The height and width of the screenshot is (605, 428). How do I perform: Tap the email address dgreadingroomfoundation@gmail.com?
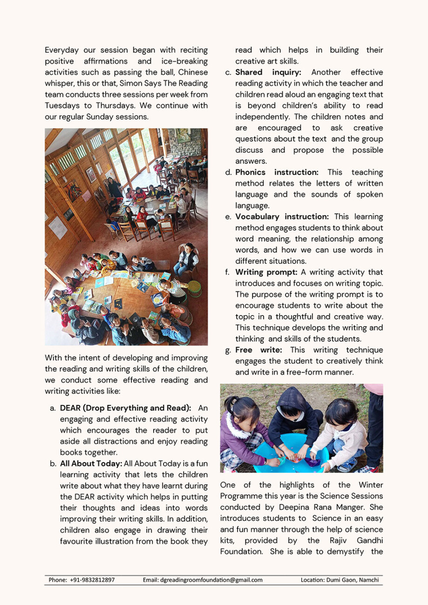(211, 580)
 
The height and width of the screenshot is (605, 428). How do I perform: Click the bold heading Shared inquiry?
(268, 72)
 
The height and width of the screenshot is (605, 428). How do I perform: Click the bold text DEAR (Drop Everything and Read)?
(125, 408)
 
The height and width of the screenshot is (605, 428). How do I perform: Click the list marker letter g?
(228, 350)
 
